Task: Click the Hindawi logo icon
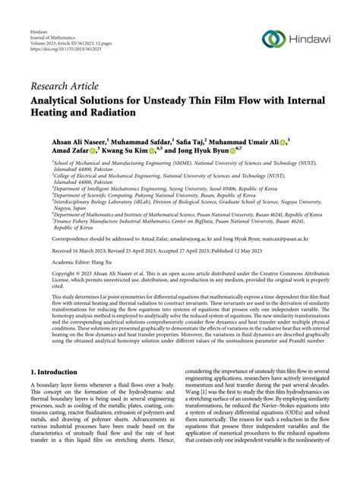coord(271,38)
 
